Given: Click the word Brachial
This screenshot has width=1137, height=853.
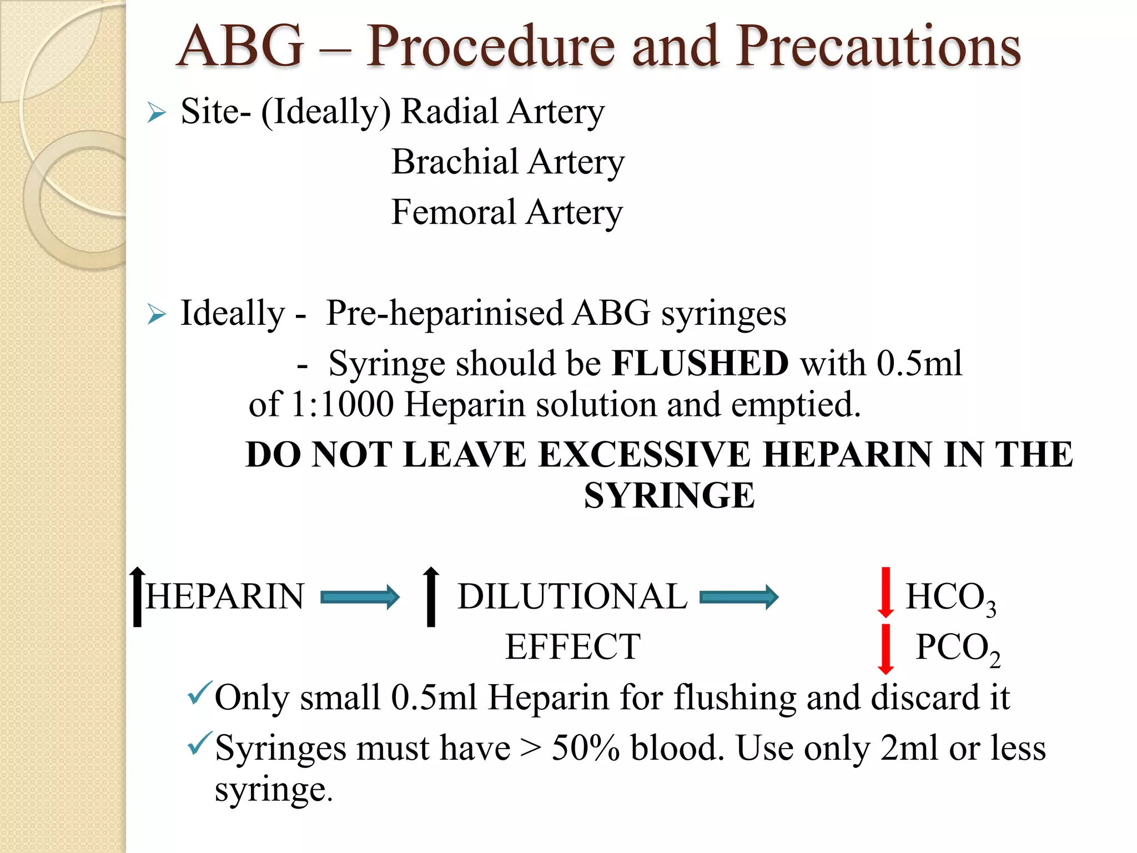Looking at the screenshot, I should pyautogui.click(x=454, y=162).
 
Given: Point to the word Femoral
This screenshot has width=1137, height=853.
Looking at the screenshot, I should pyautogui.click(x=453, y=212).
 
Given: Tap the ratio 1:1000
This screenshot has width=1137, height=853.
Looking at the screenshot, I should pyautogui.click(x=342, y=404).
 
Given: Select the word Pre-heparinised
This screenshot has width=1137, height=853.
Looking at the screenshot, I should pyautogui.click(x=444, y=314).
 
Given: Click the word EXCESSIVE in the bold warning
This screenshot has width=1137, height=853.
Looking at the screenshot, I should pyautogui.click(x=644, y=455).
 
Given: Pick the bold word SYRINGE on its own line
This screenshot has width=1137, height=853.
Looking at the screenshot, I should pyautogui.click(x=669, y=495).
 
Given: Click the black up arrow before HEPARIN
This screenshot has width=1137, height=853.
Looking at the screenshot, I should pyautogui.click(x=137, y=596).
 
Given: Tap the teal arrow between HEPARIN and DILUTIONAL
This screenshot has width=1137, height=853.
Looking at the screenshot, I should pyautogui.click(x=360, y=597).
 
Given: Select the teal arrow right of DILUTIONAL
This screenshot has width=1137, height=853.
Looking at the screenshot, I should pyautogui.click(x=738, y=597).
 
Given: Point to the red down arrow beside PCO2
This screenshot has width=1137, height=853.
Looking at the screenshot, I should pyautogui.click(x=886, y=649).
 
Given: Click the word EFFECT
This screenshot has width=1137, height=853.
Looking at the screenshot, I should pyautogui.click(x=572, y=647).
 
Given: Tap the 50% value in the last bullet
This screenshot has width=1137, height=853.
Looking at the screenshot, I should pyautogui.click(x=585, y=749).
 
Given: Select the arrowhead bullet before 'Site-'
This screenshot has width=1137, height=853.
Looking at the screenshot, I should pyautogui.click(x=157, y=113).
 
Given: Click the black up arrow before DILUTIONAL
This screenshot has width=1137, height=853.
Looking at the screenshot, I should pyautogui.click(x=431, y=596).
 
